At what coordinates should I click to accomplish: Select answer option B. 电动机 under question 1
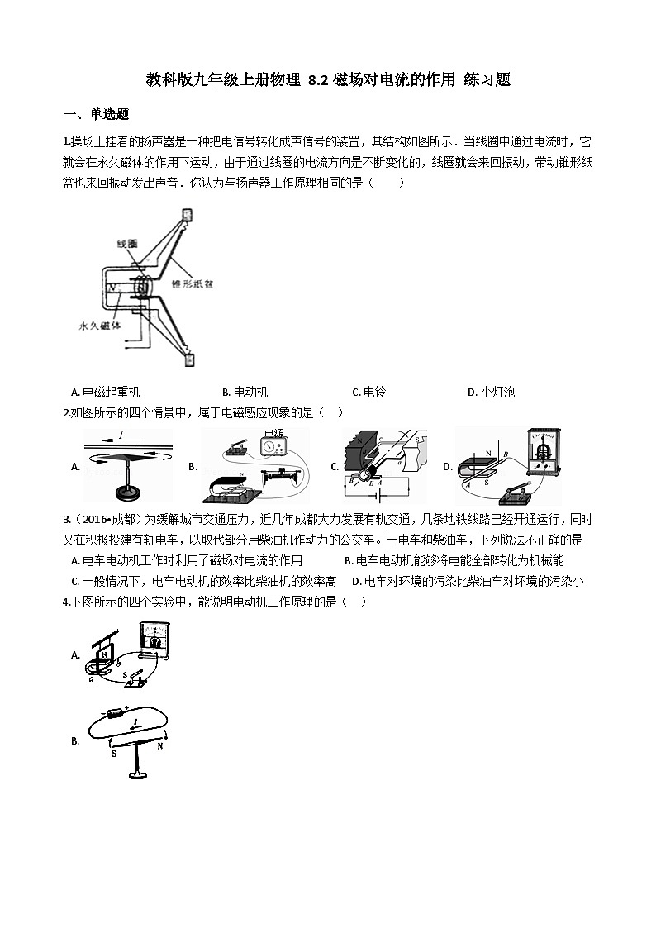click(245, 393)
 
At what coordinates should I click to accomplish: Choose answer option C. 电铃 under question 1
click(369, 393)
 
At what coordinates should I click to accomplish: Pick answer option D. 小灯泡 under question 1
click(492, 393)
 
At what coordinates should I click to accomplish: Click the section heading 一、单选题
click(96, 114)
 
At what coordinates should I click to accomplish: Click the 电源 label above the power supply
click(273, 434)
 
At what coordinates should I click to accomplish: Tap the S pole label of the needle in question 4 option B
click(113, 753)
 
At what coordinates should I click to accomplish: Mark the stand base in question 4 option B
click(135, 774)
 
